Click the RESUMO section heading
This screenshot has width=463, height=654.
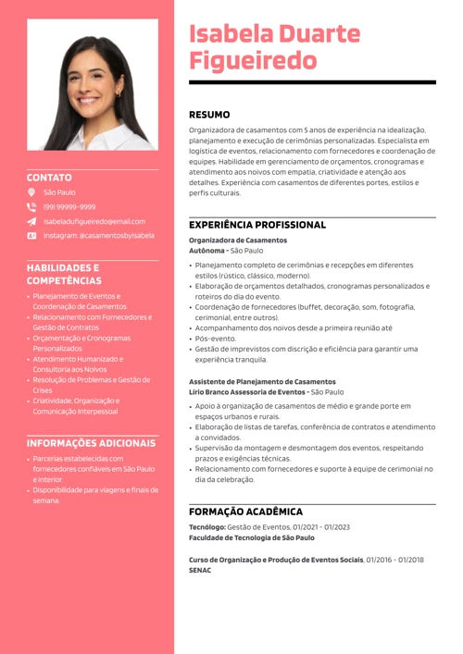pos(209,115)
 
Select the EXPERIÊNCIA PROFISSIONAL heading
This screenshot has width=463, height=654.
pos(257,225)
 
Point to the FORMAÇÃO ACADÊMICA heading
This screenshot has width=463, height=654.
pos(245,511)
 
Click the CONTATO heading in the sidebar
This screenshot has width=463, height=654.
pos(49,176)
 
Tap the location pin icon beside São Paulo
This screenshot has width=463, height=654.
pos(31,192)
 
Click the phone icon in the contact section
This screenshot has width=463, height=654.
pos(31,207)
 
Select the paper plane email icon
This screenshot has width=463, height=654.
pos(31,222)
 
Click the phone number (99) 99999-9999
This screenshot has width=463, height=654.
pos(69,207)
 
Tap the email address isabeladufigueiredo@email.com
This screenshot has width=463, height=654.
pos(94,222)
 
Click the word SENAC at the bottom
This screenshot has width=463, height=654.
pos(200,570)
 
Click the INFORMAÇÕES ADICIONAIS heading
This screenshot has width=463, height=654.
pos(91,442)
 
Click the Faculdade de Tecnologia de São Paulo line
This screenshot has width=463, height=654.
pos(251,537)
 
